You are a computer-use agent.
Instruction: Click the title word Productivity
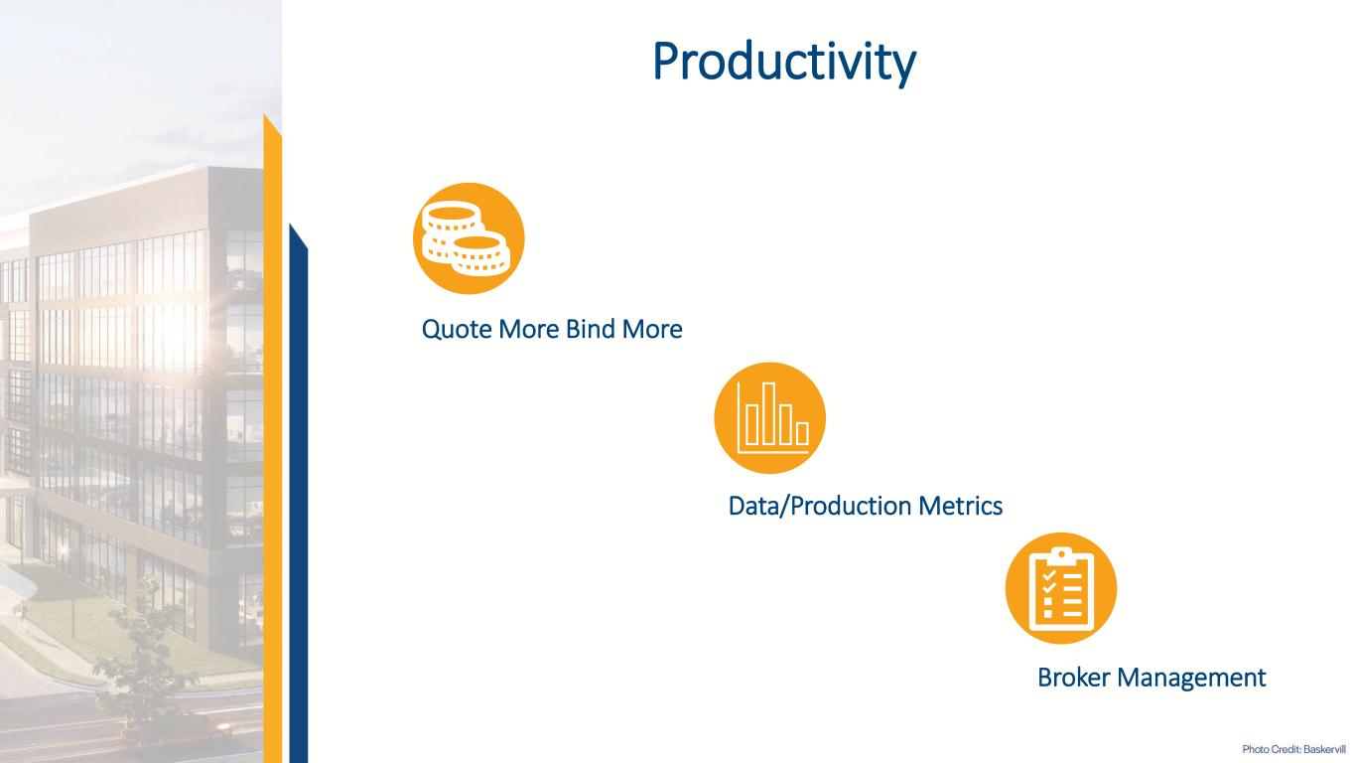point(784,62)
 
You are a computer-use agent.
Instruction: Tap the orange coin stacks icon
point(469,238)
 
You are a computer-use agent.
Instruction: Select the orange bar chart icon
point(769,417)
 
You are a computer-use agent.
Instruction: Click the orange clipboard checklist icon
point(1060,588)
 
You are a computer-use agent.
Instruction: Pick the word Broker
point(1074,678)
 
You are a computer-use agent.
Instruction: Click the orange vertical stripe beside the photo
point(272,447)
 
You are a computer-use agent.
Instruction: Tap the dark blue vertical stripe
point(298,497)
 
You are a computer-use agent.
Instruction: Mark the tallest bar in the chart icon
point(768,413)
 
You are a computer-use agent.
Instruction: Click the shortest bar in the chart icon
point(802,433)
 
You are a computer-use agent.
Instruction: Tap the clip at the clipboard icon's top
point(1060,554)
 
